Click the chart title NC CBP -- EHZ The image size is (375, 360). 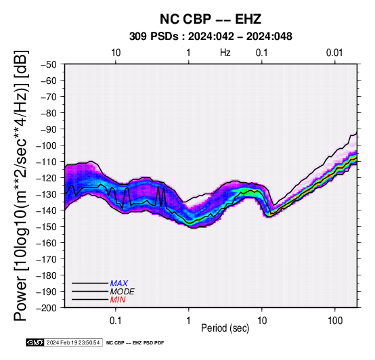(211, 19)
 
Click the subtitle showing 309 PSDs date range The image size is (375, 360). (211, 37)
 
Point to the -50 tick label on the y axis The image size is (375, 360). (49, 64)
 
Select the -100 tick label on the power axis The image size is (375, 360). (47, 145)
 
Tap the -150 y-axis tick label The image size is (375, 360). (47, 227)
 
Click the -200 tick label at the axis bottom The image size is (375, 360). (47, 308)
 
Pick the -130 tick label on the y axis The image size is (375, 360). (47, 194)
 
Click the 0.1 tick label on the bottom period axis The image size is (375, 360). (116, 320)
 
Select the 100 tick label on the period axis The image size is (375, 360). (335, 320)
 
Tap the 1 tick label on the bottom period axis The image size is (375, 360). (189, 320)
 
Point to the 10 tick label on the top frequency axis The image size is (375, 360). (116, 53)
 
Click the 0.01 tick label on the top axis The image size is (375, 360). (334, 53)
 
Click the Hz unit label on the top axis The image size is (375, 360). (225, 53)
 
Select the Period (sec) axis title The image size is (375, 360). (225, 328)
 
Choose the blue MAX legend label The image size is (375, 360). (119, 284)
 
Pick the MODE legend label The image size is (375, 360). (123, 292)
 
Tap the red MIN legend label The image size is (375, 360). (118, 300)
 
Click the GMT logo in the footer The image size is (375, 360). (35, 342)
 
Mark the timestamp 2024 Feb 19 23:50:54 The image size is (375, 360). (73, 342)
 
